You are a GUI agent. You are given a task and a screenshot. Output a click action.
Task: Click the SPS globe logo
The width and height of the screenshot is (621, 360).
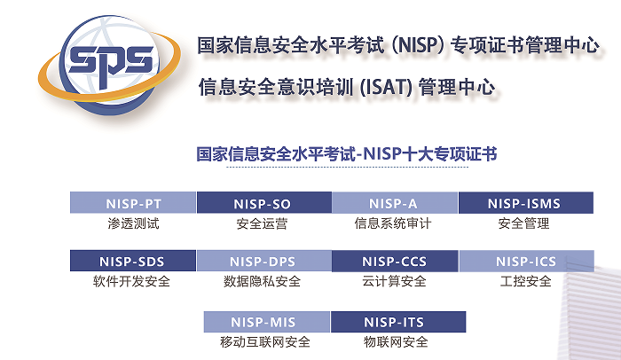(109, 65)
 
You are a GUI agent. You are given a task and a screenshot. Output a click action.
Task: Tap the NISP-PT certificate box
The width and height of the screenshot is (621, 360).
(133, 203)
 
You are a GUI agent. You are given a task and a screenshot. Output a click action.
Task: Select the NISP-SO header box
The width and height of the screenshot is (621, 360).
(264, 203)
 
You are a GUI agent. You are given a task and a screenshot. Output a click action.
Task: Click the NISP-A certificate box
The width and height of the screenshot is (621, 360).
(395, 203)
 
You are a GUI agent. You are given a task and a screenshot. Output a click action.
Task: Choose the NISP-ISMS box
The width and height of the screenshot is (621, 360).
(526, 203)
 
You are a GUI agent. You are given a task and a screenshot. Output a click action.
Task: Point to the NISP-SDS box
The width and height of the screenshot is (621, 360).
(133, 261)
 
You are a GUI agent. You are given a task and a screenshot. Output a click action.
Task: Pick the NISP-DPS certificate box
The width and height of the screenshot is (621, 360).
(264, 261)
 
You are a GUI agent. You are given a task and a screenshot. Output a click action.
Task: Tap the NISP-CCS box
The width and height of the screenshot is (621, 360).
(395, 261)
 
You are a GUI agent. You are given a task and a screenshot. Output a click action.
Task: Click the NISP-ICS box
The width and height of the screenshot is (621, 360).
(526, 261)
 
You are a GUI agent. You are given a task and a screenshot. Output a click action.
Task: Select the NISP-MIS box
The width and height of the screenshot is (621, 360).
(267, 322)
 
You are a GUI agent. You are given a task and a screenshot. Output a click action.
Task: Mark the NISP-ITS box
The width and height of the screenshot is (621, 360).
(398, 322)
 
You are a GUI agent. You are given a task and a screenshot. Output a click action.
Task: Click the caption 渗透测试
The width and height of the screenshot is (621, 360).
(133, 223)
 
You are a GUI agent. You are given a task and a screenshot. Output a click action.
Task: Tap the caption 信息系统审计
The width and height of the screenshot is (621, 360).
(393, 223)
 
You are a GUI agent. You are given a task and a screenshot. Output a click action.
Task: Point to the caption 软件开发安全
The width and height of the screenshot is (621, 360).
(131, 282)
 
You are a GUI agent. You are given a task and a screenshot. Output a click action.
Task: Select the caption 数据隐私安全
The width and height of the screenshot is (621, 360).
(263, 282)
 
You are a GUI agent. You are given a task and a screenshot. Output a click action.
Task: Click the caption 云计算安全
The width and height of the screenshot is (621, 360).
(394, 282)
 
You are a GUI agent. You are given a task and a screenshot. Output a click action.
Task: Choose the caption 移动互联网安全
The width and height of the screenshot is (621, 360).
(265, 342)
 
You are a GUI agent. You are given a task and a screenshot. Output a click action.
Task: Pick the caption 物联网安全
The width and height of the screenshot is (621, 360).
(396, 342)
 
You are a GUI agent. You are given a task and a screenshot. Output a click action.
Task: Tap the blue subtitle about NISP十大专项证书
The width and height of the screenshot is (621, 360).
(347, 153)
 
